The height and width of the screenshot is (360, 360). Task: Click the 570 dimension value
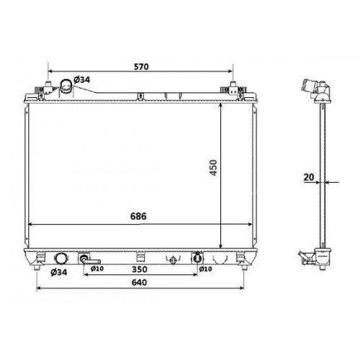tap(140, 67)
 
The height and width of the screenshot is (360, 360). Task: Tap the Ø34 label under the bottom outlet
tap(59, 271)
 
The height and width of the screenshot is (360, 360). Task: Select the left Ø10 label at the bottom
tap(97, 270)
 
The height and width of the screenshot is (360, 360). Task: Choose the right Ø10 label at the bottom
tap(205, 270)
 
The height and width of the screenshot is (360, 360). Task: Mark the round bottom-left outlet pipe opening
tap(59, 258)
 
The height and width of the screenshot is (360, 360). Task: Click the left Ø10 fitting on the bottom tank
tap(86, 260)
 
